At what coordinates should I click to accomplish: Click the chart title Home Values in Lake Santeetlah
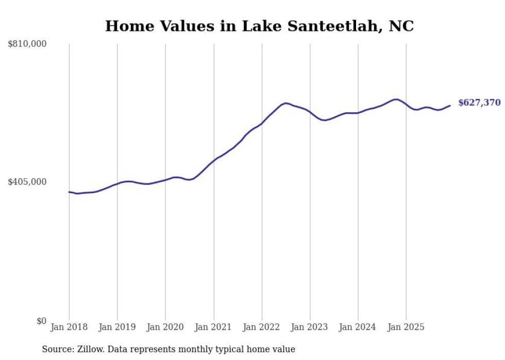point(259,26)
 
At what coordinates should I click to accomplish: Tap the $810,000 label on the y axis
point(27,44)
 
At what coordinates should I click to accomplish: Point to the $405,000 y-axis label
point(27,182)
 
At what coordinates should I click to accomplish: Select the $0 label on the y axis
point(41,321)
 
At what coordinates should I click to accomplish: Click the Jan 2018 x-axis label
point(69,327)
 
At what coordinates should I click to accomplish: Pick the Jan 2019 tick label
point(117,327)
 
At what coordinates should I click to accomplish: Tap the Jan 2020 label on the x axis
point(165,327)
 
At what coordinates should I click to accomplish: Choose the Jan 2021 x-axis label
point(213,327)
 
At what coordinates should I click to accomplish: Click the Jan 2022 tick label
point(262,327)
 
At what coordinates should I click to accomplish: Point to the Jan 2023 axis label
point(310,327)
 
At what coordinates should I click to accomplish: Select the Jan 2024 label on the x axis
point(358,327)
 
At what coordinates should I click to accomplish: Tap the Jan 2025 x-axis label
point(406,327)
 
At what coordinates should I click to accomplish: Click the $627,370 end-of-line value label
point(479,103)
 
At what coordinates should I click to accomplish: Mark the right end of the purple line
point(450,106)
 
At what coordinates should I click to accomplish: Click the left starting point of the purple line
point(69,192)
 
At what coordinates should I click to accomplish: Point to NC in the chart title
point(401,26)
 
